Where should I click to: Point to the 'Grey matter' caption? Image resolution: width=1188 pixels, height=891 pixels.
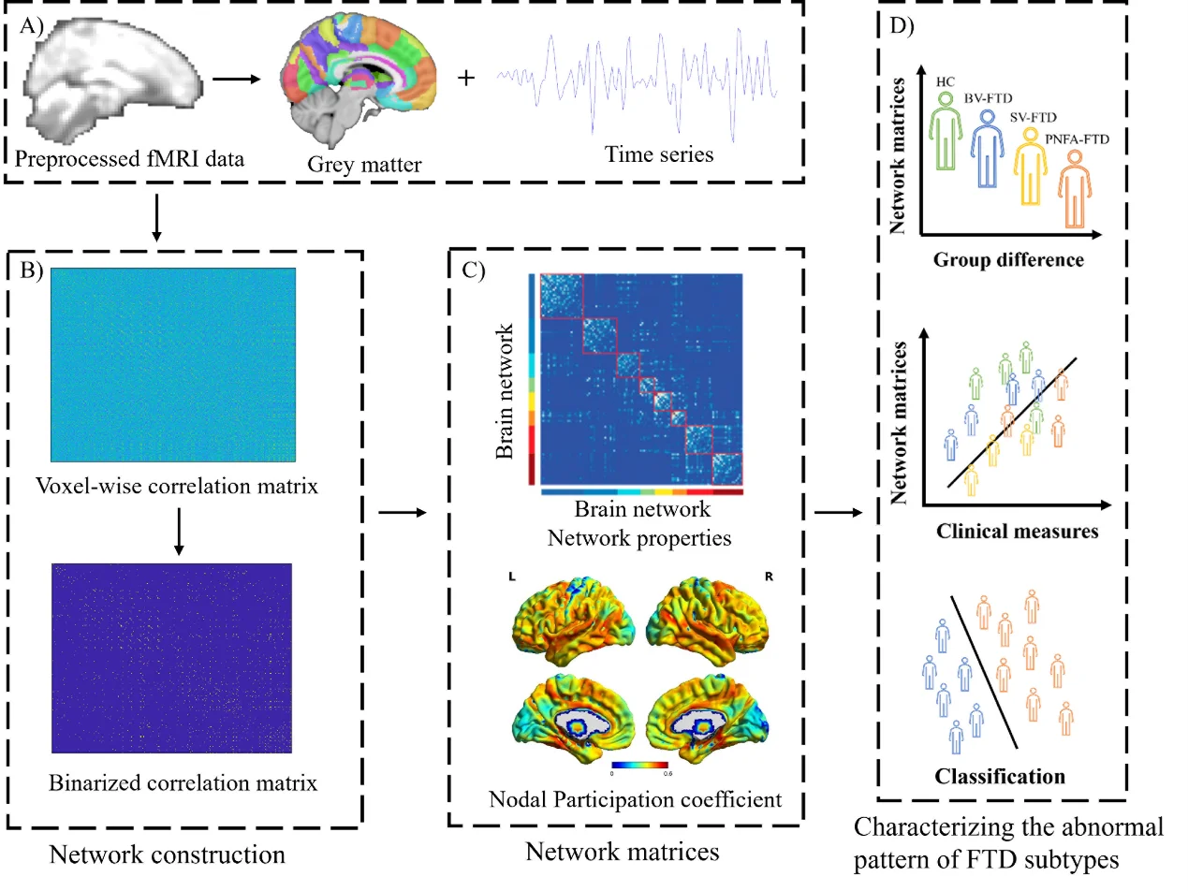point(350,166)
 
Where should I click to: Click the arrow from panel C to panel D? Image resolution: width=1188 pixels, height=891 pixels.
point(838,512)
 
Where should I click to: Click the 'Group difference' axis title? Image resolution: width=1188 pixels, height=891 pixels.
point(1008,259)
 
